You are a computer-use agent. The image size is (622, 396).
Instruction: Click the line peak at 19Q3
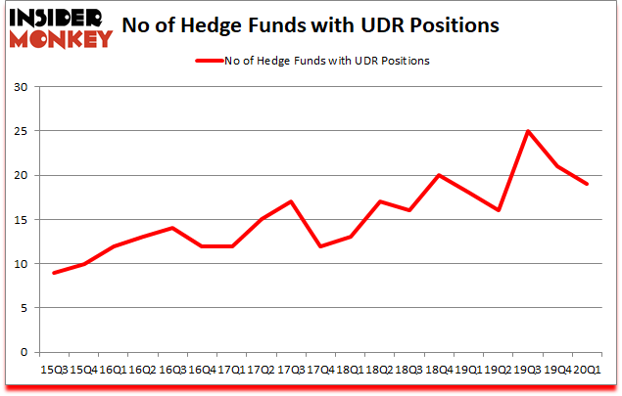click(x=528, y=131)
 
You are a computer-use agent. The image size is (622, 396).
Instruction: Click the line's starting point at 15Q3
click(x=53, y=273)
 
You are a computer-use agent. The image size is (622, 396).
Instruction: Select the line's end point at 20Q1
click(x=588, y=184)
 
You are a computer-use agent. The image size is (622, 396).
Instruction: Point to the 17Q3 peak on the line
click(x=291, y=201)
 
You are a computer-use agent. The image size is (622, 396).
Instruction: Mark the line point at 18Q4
click(x=440, y=175)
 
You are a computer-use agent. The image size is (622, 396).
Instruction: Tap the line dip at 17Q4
click(x=320, y=246)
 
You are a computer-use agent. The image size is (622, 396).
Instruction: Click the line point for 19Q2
click(x=499, y=210)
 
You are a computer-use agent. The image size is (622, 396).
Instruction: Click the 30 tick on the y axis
click(x=24, y=87)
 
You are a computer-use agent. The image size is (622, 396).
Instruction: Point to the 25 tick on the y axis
click(x=24, y=131)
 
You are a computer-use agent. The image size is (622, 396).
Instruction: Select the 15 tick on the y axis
click(x=24, y=220)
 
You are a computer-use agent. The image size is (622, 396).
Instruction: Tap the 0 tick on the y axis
click(x=27, y=352)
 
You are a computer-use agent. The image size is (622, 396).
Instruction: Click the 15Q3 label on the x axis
click(x=53, y=370)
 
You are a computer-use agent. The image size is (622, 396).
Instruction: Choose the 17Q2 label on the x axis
click(x=262, y=370)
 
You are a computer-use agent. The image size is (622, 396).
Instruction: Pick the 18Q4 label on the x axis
click(x=440, y=370)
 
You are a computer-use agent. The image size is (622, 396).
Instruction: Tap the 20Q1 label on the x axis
click(x=588, y=370)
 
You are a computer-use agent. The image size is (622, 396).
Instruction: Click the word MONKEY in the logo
click(x=62, y=39)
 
